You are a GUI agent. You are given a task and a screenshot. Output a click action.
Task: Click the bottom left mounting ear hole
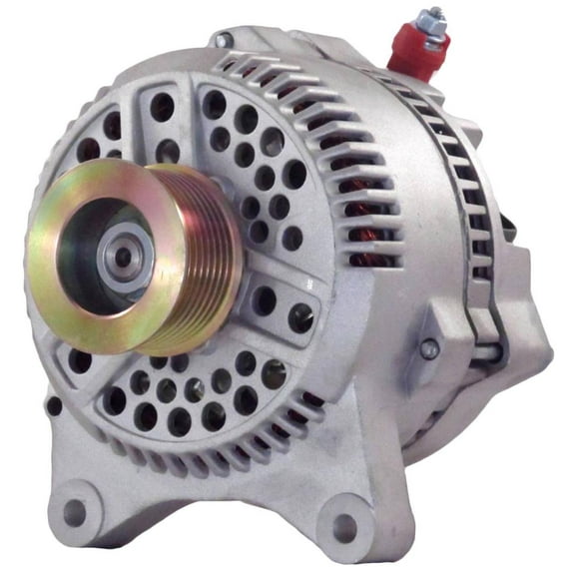coord(75,512)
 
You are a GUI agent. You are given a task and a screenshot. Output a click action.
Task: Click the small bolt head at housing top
coord(222,40)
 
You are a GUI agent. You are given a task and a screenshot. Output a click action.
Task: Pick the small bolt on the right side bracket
coord(428,348)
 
